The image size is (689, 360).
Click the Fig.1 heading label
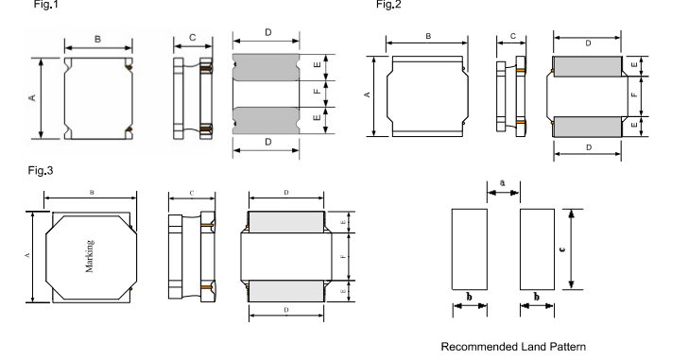tap(45, 5)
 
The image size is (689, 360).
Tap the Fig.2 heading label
tap(388, 5)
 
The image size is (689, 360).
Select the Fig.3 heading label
tap(41, 170)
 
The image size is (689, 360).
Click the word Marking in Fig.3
tap(90, 256)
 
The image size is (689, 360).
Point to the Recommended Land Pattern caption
tap(513, 347)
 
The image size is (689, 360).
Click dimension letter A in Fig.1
tap(32, 97)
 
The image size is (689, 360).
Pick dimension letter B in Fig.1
tap(97, 39)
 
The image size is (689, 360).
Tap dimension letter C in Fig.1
tap(193, 38)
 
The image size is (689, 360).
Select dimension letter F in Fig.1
tap(318, 92)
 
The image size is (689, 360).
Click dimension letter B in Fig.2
tap(428, 37)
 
